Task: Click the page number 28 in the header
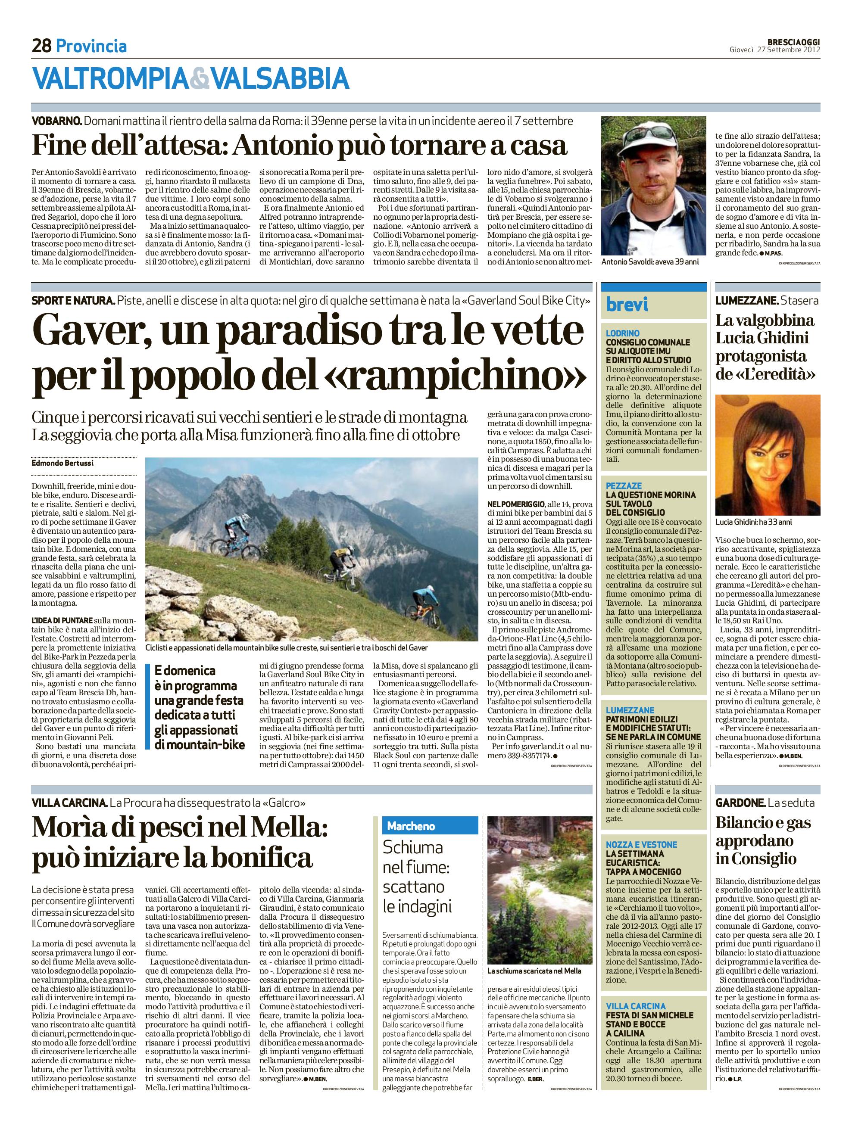click(x=41, y=47)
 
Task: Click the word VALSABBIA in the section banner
click(x=281, y=79)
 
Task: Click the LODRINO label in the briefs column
click(x=622, y=333)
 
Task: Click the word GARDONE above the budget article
click(x=740, y=802)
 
